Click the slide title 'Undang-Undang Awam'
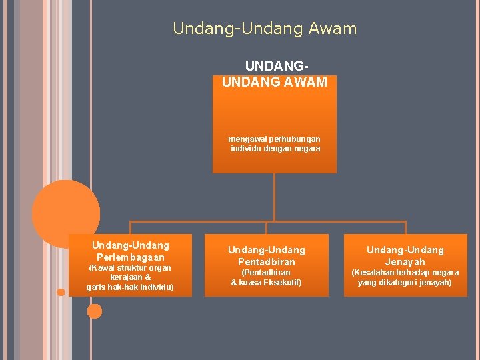click(x=265, y=29)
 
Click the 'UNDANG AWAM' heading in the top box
click(x=275, y=82)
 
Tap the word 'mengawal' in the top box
click(x=247, y=139)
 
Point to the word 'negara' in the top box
click(x=307, y=149)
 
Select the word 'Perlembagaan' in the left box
click(x=131, y=257)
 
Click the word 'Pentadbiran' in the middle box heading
click(x=266, y=262)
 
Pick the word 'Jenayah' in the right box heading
click(x=405, y=262)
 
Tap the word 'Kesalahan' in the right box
click(x=375, y=273)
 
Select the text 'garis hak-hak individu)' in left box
click(x=130, y=287)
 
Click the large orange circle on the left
click(x=66, y=213)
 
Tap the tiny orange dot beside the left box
click(x=61, y=292)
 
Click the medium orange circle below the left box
click(x=95, y=311)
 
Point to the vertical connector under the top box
click(x=275, y=197)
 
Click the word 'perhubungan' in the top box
click(x=297, y=139)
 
